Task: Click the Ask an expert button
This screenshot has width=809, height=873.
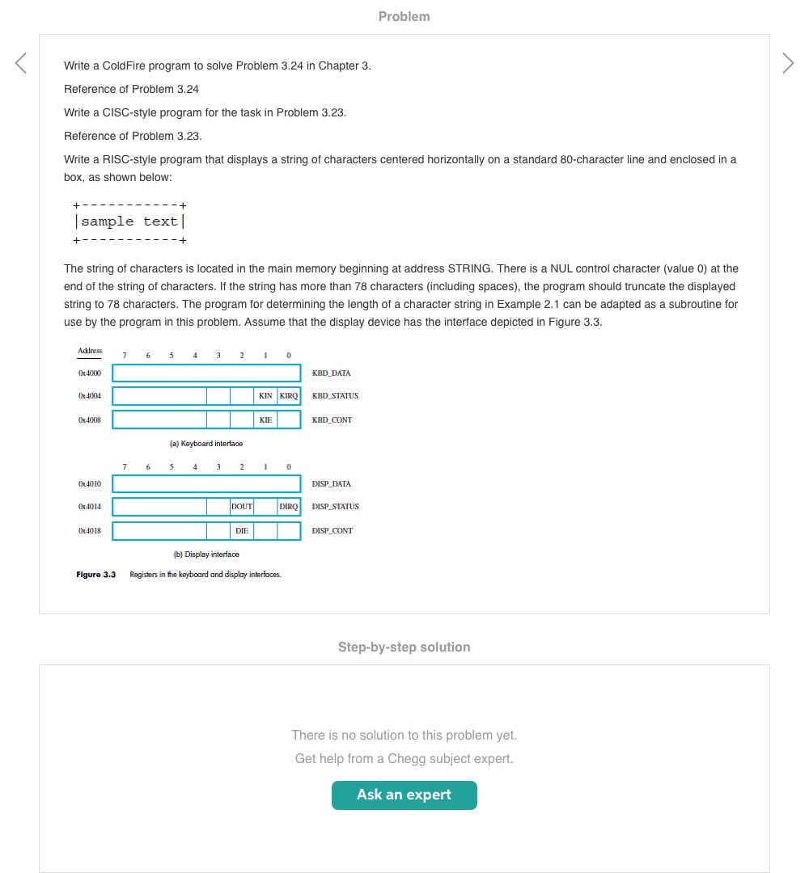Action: (x=404, y=795)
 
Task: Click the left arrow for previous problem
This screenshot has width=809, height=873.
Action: (x=21, y=63)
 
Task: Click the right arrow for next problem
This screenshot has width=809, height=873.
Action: (x=788, y=63)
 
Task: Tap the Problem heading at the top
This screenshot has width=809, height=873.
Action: (x=404, y=16)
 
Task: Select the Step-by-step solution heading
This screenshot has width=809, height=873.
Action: (x=404, y=647)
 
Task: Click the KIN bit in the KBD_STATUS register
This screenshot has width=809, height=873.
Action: (x=265, y=396)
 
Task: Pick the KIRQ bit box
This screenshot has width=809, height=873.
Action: (x=289, y=396)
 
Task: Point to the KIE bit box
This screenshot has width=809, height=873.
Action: (x=265, y=420)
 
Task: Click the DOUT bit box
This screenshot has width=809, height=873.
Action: (x=242, y=507)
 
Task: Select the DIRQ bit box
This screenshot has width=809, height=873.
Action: (x=289, y=507)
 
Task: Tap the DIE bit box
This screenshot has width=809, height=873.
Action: (x=242, y=531)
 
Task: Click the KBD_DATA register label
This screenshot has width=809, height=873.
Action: (x=331, y=373)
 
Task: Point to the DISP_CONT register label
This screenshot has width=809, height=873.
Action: (x=332, y=531)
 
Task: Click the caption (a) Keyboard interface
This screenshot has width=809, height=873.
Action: (x=206, y=444)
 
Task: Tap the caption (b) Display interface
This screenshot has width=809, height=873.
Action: (x=206, y=555)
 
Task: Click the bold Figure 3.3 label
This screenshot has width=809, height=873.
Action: (x=96, y=575)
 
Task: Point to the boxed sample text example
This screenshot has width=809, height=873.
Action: (x=129, y=221)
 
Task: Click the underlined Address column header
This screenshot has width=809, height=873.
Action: (x=90, y=351)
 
